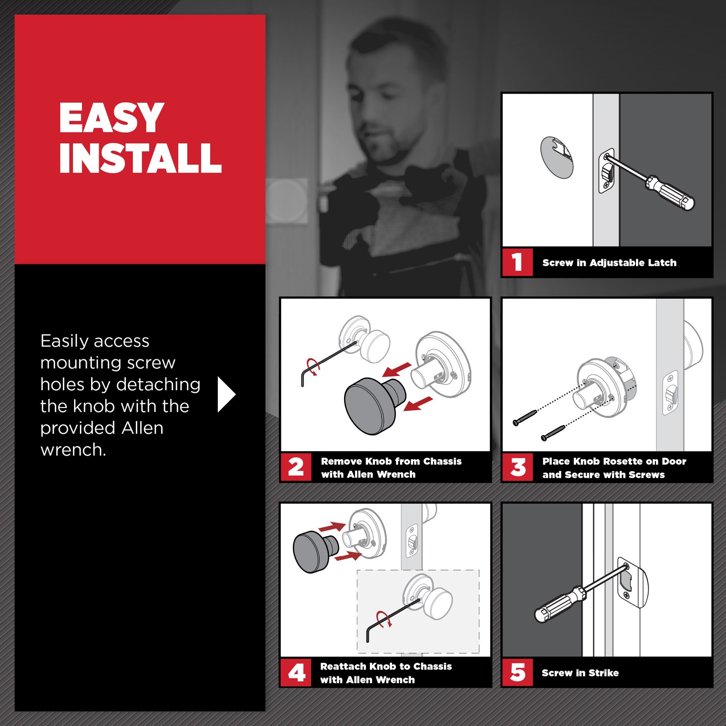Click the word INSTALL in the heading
pyautogui.click(x=140, y=158)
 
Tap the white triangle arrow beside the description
pyautogui.click(x=226, y=394)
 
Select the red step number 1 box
pyautogui.click(x=517, y=262)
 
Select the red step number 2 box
pyautogui.click(x=296, y=467)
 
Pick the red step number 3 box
pyautogui.click(x=518, y=467)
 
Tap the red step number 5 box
pyautogui.click(x=517, y=672)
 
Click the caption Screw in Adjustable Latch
pyautogui.click(x=609, y=263)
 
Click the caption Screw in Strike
pyautogui.click(x=580, y=673)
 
